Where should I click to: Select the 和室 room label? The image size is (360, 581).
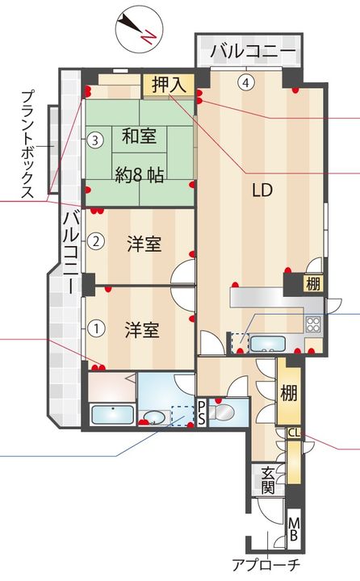pyautogui.click(x=140, y=138)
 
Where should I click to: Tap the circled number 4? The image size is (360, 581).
pyautogui.click(x=245, y=82)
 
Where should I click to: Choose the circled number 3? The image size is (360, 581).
pyautogui.click(x=95, y=140)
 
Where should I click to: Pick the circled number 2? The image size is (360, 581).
pyautogui.click(x=95, y=240)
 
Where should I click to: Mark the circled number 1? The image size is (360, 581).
pyautogui.click(x=95, y=328)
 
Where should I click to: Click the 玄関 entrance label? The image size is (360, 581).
pyautogui.click(x=267, y=479)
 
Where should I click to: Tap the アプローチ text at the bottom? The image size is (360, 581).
pyautogui.click(x=266, y=565)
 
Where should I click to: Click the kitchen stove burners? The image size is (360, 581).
pyautogui.click(x=312, y=325)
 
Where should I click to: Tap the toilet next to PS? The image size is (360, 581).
pyautogui.click(x=223, y=412)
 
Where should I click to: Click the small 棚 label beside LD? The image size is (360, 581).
pyautogui.click(x=312, y=283)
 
